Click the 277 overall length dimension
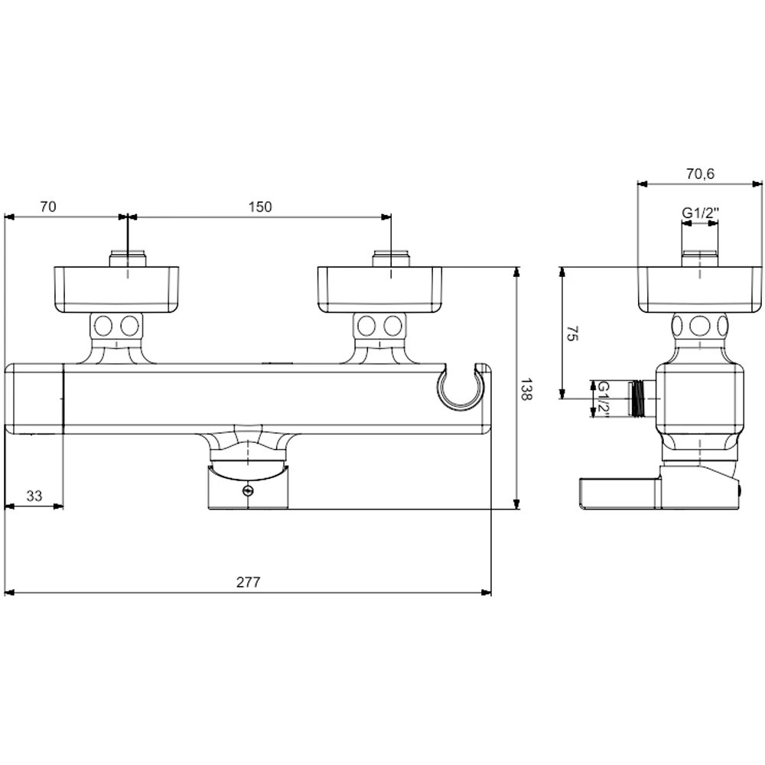(248, 582)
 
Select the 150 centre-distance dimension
(259, 207)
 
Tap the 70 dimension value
(47, 207)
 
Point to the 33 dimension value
(34, 496)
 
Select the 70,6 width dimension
(699, 174)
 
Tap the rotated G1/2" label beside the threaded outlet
(604, 399)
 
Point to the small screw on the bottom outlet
(248, 492)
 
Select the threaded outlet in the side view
(637, 399)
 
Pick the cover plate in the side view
(700, 289)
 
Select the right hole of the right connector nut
(392, 327)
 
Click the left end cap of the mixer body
(34, 400)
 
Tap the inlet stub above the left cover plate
(128, 259)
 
